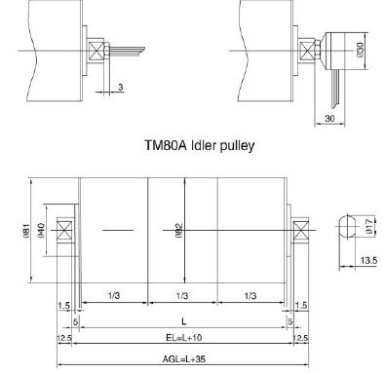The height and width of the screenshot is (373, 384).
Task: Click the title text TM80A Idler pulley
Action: (x=199, y=145)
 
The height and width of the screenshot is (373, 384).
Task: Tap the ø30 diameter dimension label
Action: (x=361, y=50)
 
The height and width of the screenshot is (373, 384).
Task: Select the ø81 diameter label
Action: (x=26, y=230)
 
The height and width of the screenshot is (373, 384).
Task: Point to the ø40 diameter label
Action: (x=41, y=230)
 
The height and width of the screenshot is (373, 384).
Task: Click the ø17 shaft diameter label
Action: (x=368, y=226)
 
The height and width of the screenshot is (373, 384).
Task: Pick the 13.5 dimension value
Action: (x=368, y=260)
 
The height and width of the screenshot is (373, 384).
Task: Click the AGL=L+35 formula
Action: (x=184, y=359)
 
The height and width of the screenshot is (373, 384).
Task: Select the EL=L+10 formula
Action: (x=184, y=338)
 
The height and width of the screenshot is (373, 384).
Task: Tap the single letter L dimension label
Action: (x=184, y=321)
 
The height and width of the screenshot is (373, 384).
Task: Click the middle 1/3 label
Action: (x=182, y=295)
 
